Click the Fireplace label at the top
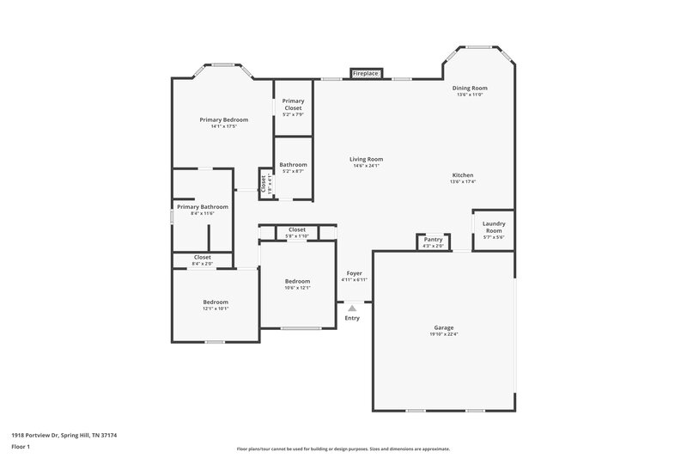click(366, 75)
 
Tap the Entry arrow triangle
click(351, 308)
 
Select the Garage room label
click(443, 327)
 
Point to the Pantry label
click(434, 240)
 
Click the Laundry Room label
click(494, 227)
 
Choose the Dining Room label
click(471, 88)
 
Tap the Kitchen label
click(463, 174)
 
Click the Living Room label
click(366, 159)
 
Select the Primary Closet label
click(293, 104)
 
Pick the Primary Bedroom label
click(223, 119)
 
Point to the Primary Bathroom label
click(203, 206)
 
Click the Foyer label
click(354, 272)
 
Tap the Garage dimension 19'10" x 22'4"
click(443, 334)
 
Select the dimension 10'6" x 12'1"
click(298, 288)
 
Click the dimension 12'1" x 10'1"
click(216, 308)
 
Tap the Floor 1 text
click(21, 447)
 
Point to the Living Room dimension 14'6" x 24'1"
click(366, 166)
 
